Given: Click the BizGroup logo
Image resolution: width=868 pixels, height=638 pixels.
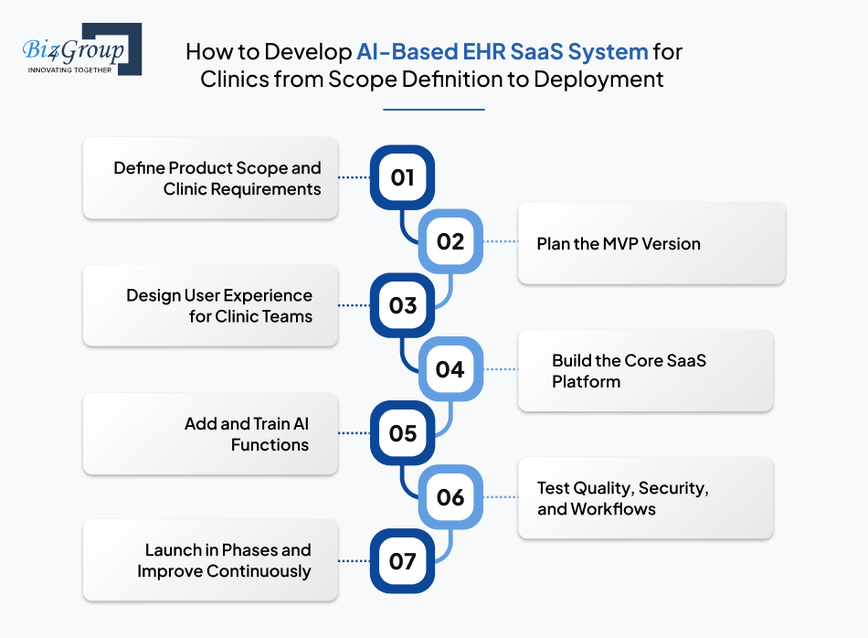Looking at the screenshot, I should pos(81,49).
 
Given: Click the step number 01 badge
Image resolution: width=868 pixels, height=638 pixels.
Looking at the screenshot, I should pos(402,177).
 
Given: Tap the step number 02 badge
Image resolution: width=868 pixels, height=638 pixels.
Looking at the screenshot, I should pos(450,242).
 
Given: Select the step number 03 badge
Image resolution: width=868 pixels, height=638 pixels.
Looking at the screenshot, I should pos(402,305).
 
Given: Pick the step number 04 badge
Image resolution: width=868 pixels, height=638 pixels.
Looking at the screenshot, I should pos(450,369).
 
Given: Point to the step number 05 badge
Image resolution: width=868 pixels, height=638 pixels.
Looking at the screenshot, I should pos(402,433).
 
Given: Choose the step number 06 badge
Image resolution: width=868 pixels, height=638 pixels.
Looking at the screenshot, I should pos(450,497).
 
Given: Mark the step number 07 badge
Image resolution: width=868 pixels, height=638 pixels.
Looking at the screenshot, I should pos(402,560).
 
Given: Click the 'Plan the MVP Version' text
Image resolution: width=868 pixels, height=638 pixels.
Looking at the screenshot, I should pos(619,244).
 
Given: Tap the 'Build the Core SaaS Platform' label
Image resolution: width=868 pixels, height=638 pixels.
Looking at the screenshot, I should pos(629,371).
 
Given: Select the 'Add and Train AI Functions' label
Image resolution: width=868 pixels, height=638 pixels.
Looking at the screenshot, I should pos(246,434).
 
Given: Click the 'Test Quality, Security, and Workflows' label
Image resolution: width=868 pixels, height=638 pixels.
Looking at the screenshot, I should pos(622,498).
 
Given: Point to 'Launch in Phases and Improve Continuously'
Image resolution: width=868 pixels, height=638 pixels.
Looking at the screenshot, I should pos(225,560).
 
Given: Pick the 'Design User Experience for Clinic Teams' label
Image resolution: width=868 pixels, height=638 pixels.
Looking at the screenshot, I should pos(219,306).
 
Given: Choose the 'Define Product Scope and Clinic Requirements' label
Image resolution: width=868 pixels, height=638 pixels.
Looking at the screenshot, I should pos(217,178).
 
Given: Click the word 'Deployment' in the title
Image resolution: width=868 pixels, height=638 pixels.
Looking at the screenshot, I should pos(598,79).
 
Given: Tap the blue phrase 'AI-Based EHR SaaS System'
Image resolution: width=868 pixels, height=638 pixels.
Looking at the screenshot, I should pos(503,51).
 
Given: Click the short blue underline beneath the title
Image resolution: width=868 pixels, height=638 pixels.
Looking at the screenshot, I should pos(433,110).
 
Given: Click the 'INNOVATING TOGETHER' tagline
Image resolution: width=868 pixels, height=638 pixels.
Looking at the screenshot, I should pos(69,69).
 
